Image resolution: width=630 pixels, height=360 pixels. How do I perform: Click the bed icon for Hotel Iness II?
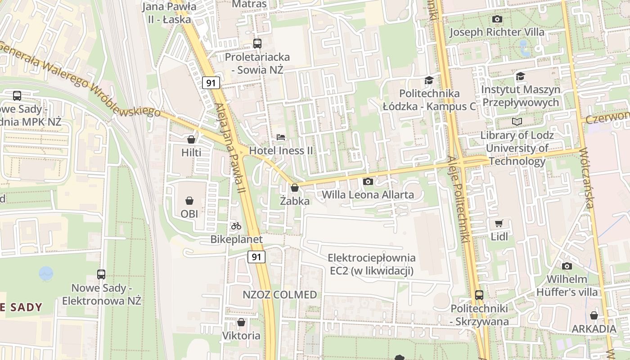[x=281, y=137]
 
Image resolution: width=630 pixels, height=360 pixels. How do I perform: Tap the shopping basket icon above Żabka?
[x=295, y=188]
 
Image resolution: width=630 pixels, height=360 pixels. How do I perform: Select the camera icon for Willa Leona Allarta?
[x=368, y=181]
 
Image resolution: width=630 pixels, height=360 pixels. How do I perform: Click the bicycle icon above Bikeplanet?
[x=236, y=226]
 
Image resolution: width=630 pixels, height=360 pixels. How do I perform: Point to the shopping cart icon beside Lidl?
[x=499, y=223]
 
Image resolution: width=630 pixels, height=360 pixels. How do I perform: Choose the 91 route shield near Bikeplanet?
[x=256, y=257]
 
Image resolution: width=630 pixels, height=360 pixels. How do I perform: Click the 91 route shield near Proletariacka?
[x=211, y=83]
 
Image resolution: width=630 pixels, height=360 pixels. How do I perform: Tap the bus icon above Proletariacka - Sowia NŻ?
[x=257, y=44]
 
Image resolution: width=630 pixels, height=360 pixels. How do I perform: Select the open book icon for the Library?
[x=517, y=121]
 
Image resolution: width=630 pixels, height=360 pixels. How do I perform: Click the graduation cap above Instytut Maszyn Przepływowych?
[x=521, y=76]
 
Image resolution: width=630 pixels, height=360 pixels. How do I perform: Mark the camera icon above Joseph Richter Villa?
[x=497, y=19]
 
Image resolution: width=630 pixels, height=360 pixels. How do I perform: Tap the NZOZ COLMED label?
[x=279, y=295]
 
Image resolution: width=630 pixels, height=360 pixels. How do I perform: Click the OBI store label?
[x=189, y=214]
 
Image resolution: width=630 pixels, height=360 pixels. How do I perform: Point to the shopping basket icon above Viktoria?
[x=241, y=322]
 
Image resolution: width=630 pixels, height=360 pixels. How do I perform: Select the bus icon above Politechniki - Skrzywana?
[x=479, y=295]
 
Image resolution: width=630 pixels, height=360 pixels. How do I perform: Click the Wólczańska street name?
[x=588, y=178]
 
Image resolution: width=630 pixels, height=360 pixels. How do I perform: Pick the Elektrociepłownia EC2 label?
[x=372, y=264]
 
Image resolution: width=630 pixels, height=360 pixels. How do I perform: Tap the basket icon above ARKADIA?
[x=594, y=315]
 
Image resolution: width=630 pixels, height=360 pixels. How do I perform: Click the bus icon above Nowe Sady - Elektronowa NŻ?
[x=101, y=274]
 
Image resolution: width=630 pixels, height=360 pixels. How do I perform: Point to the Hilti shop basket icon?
[x=191, y=139]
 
